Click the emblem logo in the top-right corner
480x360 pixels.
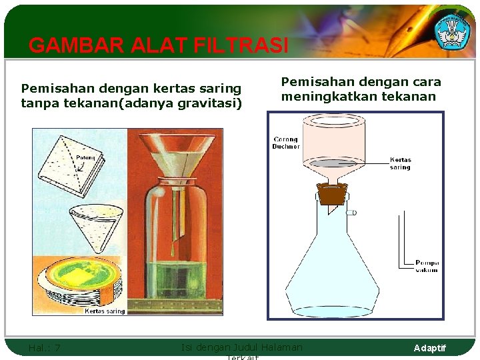[452, 30]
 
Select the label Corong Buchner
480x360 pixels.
[286, 143]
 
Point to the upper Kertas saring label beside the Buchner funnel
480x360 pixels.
[400, 163]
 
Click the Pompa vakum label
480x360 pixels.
[427, 266]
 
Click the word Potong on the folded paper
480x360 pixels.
[85, 158]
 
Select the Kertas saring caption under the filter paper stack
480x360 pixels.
[105, 311]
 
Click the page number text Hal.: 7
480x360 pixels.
[45, 347]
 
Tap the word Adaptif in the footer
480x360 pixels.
[430, 348]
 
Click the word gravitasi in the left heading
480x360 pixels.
[211, 102]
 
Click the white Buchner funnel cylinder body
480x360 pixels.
[333, 140]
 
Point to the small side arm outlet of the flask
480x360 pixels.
[351, 212]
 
